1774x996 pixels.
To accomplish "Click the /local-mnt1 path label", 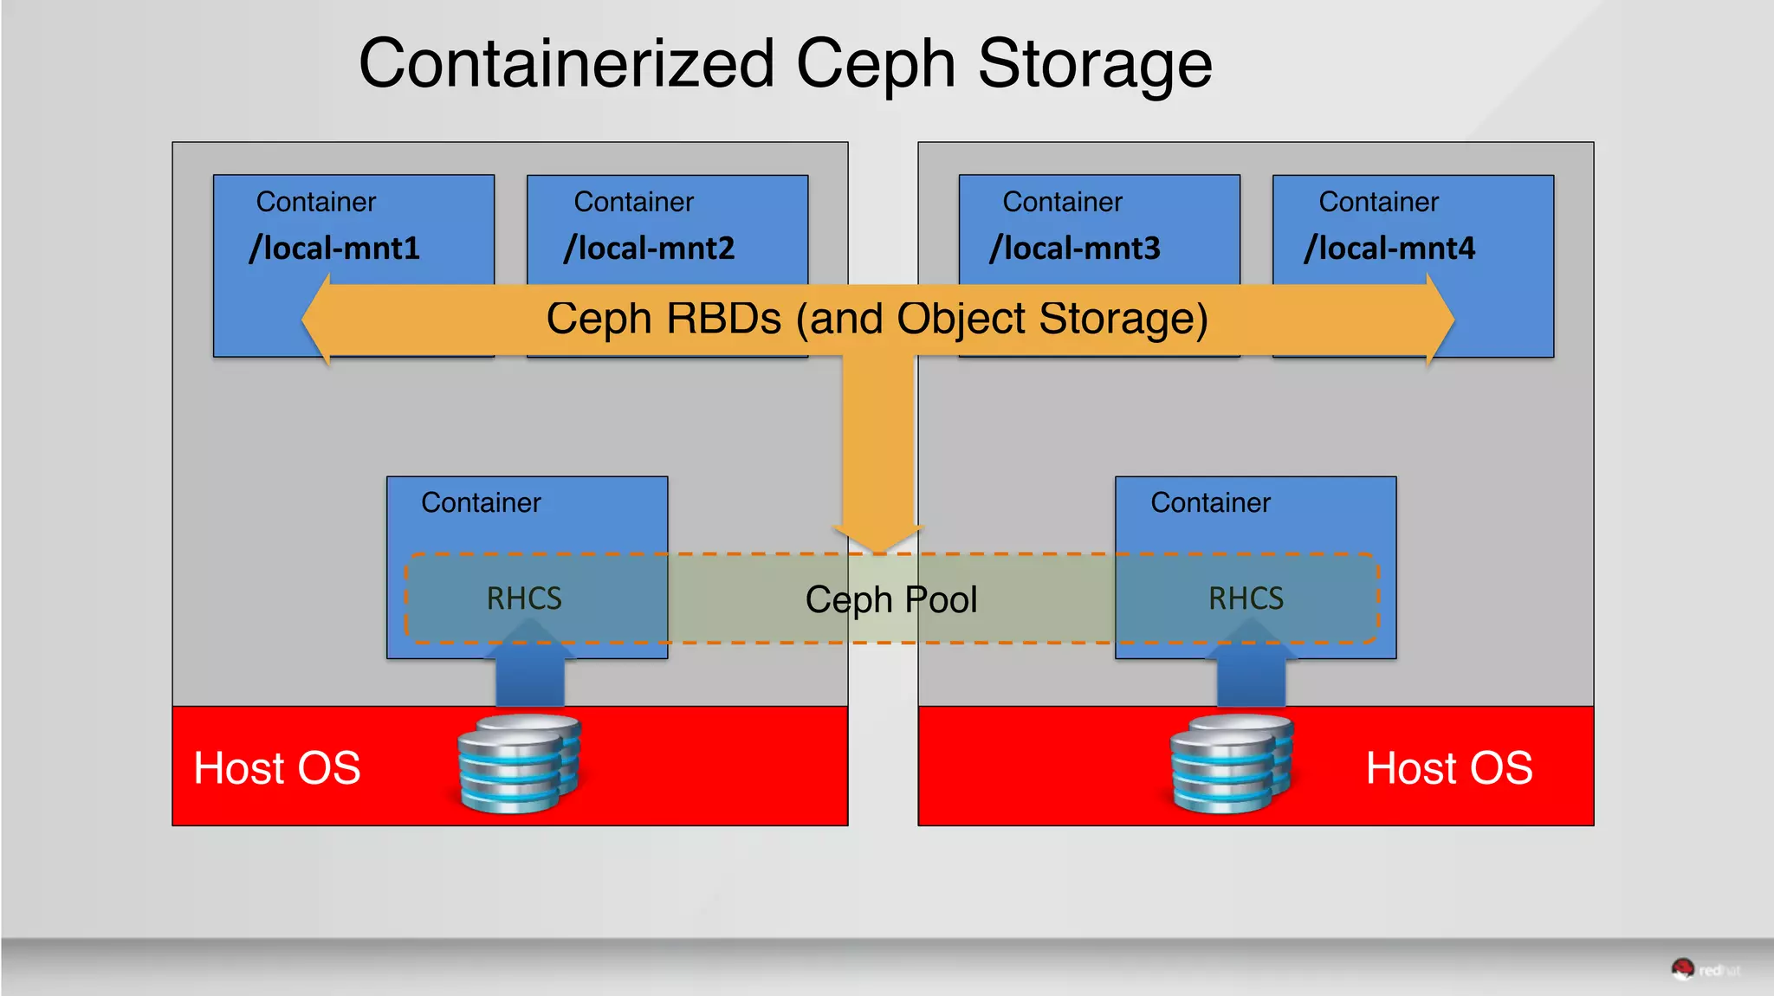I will [334, 249].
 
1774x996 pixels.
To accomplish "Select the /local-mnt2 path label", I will [649, 249].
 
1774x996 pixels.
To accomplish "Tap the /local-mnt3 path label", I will [1075, 249].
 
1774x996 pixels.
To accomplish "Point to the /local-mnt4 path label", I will [1389, 249].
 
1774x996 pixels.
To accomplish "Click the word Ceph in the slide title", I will [875, 64].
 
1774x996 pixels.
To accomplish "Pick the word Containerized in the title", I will [567, 64].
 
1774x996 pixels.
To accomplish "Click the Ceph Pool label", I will [891, 599].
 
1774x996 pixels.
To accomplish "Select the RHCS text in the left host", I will [524, 598].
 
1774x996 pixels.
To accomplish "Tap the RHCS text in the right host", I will [1246, 598].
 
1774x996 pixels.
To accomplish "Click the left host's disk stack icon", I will [519, 763].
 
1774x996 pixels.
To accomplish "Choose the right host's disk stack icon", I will [1231, 763].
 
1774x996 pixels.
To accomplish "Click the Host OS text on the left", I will [276, 768].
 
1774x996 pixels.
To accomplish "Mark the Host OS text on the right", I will [1449, 768].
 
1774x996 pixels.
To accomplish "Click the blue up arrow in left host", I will [530, 667].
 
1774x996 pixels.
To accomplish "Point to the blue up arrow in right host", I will [1251, 667].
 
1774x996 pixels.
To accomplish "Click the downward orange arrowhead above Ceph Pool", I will [878, 537].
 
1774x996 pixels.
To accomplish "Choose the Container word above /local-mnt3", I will [1062, 202].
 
